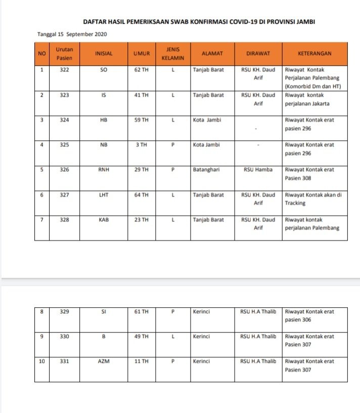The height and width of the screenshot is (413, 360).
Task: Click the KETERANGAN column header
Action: coord(314,53)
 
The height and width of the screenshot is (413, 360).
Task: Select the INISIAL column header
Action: coord(104,53)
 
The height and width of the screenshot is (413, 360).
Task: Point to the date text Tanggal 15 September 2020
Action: coord(72,34)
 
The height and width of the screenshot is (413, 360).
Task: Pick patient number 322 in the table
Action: coord(64,70)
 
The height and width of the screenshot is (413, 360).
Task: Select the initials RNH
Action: coord(104,170)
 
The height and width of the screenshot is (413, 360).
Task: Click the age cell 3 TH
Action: coord(141,145)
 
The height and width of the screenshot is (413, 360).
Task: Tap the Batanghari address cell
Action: coord(209,170)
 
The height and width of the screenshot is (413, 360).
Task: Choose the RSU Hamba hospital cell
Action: coord(257,170)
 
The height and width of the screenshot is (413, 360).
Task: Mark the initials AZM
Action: coord(104,361)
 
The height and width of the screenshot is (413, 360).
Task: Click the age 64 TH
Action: coord(141,195)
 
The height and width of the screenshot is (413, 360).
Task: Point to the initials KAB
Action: coord(104,220)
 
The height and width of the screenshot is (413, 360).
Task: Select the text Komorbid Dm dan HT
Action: coord(313,87)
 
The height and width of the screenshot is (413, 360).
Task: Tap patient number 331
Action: coord(64,361)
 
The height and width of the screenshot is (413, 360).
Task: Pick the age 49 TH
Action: coord(141,337)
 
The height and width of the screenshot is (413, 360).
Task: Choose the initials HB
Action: coord(104,120)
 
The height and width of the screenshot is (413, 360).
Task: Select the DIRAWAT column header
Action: coord(257,53)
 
